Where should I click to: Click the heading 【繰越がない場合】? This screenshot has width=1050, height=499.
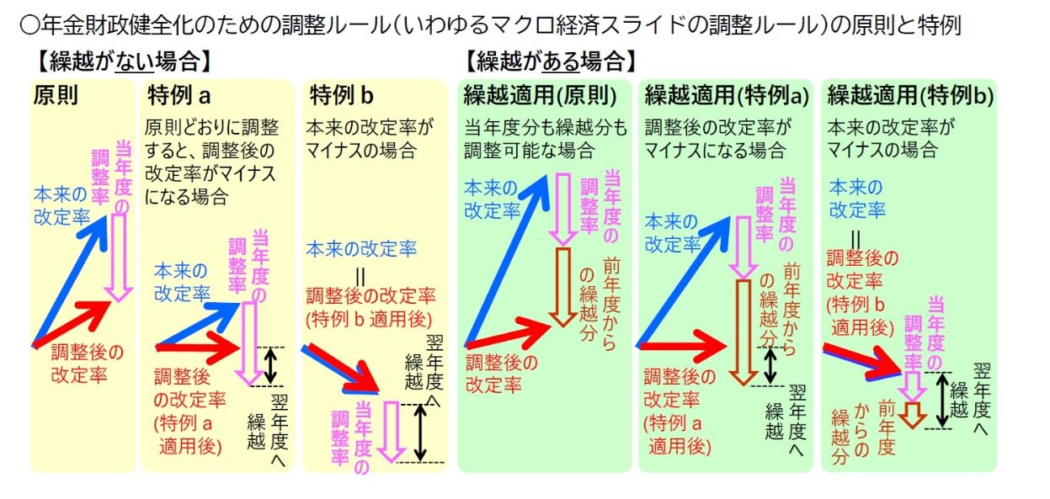click(x=120, y=61)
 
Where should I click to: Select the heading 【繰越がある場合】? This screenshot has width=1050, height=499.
click(x=548, y=61)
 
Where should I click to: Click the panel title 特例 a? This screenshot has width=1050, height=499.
click(x=179, y=94)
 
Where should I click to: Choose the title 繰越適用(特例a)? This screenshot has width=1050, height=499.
click(x=727, y=95)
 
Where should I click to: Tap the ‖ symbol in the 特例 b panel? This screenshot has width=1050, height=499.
click(x=360, y=273)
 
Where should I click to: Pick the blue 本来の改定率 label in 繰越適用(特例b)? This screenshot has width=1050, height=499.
click(x=856, y=199)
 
